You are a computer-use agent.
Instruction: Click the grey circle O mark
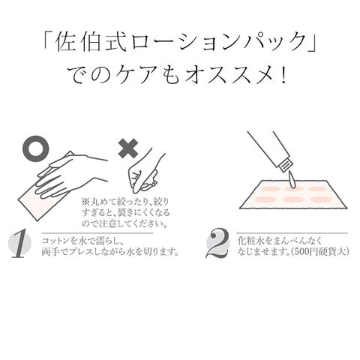pos(28,149)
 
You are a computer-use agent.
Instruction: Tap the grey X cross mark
pos(128,148)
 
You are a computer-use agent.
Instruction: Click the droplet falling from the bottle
pos(291,179)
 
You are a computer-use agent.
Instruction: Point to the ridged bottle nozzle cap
pos(286,166)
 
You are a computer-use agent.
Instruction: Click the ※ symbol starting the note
pos(85,201)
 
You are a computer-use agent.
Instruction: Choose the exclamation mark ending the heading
pos(283,75)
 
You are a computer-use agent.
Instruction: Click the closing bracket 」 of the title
pos(312,43)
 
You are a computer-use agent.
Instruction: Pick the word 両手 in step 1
pos(51,252)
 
